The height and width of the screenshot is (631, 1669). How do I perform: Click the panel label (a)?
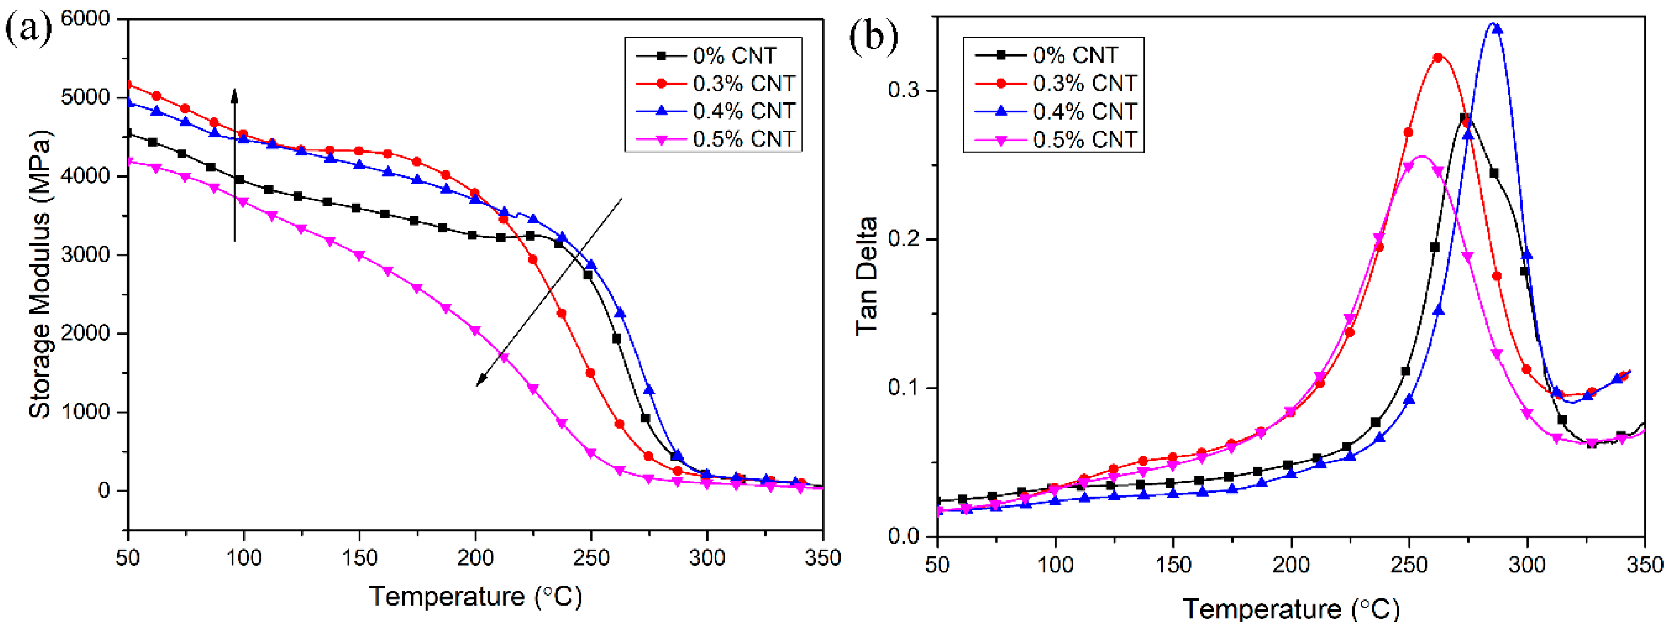click(28, 29)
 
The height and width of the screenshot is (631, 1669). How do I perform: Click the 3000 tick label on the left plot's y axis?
click(86, 255)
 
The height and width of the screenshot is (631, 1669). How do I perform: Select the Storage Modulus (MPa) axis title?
click(40, 275)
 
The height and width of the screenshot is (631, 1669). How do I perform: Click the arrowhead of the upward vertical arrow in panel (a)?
click(235, 96)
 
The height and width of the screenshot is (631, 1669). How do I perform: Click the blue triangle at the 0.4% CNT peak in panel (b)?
click(1497, 29)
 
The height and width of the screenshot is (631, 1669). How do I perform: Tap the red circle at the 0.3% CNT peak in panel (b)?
click(1438, 58)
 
